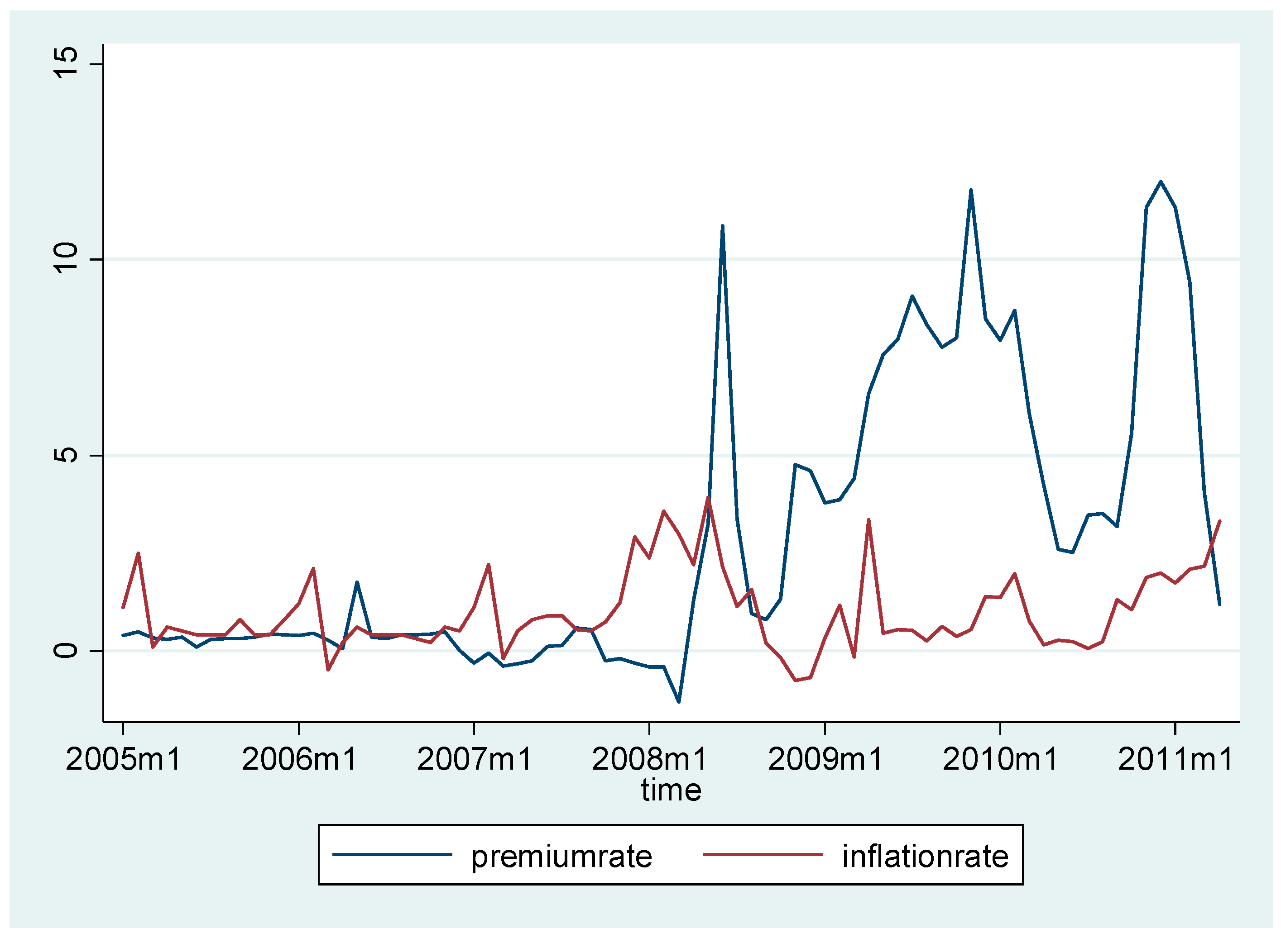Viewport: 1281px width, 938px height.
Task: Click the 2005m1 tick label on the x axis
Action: pos(123,760)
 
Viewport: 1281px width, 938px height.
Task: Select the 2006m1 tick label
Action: pos(299,760)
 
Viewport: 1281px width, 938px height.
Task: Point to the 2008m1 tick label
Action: pos(649,760)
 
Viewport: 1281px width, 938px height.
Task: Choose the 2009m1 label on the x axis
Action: pos(825,760)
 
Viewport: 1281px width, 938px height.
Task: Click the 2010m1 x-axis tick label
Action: pos(1000,760)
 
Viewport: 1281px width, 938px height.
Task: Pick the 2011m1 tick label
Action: pos(1175,760)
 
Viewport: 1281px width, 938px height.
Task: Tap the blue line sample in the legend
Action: pos(392,855)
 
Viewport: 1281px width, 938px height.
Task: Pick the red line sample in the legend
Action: pos(763,855)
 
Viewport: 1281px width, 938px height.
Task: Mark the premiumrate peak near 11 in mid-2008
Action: pos(722,226)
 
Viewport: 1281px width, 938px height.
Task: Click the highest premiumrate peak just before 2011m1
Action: pos(1161,182)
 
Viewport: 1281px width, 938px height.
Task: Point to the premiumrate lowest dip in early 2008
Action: pos(679,702)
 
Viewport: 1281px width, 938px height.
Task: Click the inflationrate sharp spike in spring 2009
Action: pos(868,519)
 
